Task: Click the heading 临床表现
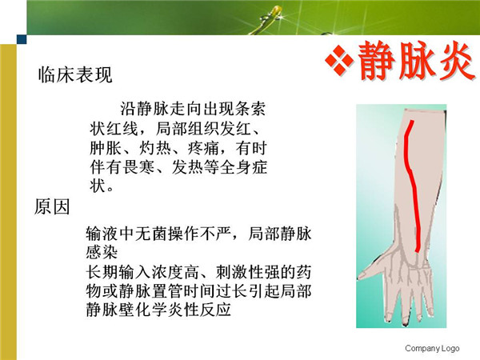pos(75,74)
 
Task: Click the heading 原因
pos(52,206)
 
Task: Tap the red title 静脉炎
pos(416,61)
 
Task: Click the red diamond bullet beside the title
pos(339,60)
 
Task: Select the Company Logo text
pos(432,348)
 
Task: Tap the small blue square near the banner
pos(22,39)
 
